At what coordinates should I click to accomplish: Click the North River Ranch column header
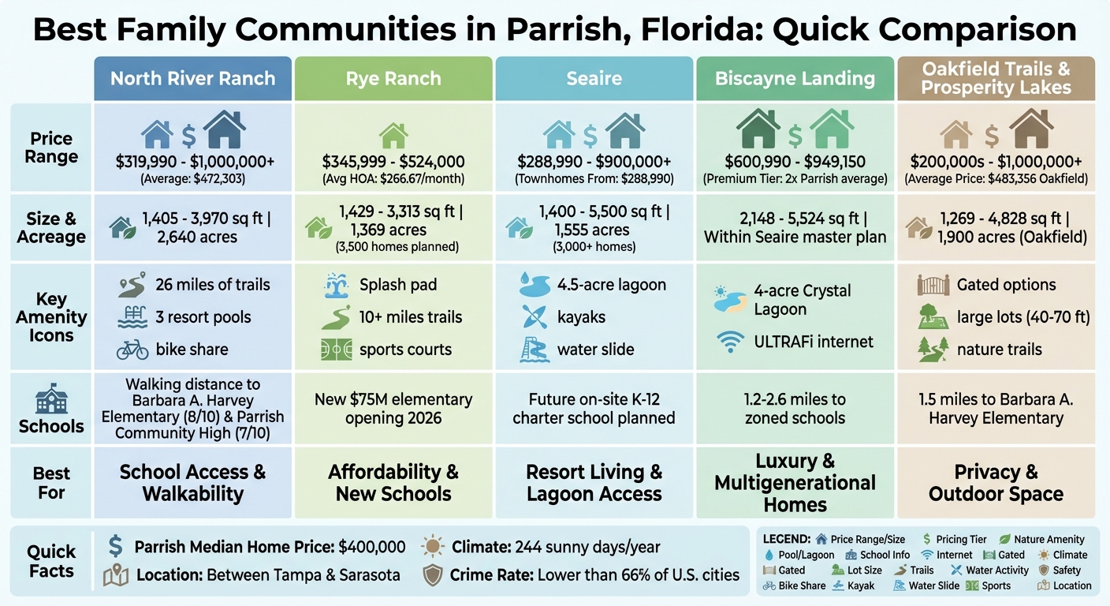(x=192, y=79)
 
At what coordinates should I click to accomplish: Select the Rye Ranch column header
(x=393, y=79)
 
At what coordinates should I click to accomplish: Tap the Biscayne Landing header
(x=795, y=79)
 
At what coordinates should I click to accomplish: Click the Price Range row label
(x=51, y=148)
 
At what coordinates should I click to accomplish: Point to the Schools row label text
(x=51, y=426)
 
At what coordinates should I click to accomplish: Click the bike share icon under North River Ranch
(x=132, y=350)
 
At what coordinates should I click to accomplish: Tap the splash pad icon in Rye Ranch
(x=337, y=285)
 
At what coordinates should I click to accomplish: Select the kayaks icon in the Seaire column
(x=535, y=317)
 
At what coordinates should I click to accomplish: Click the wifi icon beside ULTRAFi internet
(x=728, y=342)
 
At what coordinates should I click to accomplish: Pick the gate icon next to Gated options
(x=933, y=285)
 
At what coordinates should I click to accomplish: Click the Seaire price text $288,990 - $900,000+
(x=594, y=162)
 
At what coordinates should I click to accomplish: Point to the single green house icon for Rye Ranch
(x=393, y=135)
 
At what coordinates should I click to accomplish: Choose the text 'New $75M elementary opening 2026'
(x=393, y=408)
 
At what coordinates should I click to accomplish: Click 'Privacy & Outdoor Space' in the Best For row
(x=996, y=483)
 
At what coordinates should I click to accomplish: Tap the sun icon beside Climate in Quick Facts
(x=433, y=546)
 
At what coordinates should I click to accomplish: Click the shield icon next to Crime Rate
(x=433, y=574)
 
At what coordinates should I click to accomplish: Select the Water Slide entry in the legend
(x=927, y=585)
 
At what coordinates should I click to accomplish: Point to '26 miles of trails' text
(x=213, y=285)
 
